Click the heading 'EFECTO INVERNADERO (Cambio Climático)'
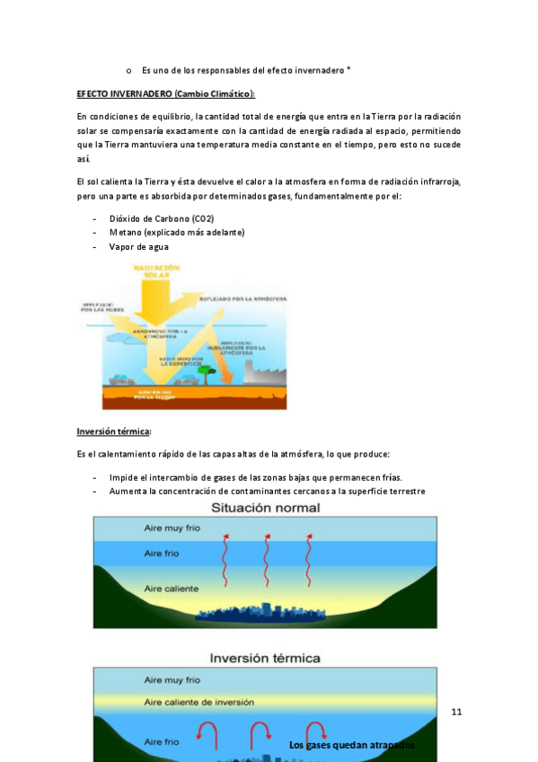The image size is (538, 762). click(x=166, y=93)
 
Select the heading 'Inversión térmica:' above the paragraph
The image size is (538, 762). click(x=114, y=431)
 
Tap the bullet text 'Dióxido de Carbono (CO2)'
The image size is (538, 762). click(x=162, y=218)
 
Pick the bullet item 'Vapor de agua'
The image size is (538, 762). click(x=138, y=247)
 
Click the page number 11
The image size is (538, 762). click(x=456, y=713)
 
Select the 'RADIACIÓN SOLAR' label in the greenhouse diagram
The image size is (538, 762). click(x=157, y=271)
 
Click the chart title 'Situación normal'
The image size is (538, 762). click(x=265, y=509)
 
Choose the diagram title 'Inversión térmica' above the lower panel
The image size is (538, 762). click(x=266, y=656)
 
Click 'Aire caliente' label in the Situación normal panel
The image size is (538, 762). click(x=172, y=589)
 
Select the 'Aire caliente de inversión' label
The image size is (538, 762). click(x=199, y=702)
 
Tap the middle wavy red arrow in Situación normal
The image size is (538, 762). click(x=267, y=547)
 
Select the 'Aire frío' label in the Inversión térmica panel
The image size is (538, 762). click(x=162, y=741)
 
